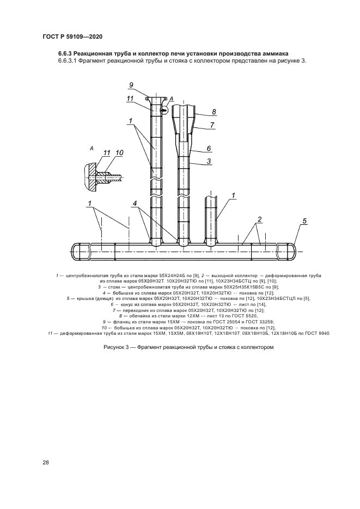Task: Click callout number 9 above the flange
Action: point(131,85)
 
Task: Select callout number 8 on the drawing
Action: point(214,112)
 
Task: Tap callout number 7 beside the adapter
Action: point(212,125)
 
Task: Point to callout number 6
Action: point(209,149)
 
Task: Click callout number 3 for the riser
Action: point(209,161)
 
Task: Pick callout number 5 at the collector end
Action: point(304,221)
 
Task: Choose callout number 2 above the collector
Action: point(259,219)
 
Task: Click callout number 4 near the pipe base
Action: point(135,204)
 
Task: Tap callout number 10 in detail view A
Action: point(119,152)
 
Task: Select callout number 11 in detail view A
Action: point(107,152)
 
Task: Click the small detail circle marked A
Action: point(164,110)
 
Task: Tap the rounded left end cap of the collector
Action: point(75,252)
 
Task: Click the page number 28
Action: point(46,463)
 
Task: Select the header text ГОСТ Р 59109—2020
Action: point(72,36)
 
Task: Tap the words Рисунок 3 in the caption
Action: point(116,347)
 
